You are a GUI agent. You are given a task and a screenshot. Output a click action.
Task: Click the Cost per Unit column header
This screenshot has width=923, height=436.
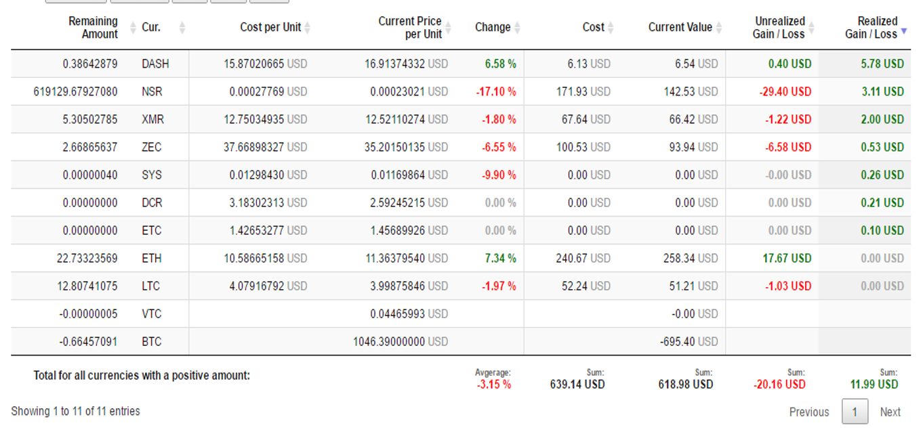point(270,27)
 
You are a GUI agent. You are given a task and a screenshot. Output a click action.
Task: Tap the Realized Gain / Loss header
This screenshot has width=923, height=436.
point(871,27)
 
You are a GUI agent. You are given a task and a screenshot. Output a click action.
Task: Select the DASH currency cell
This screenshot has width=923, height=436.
point(155,64)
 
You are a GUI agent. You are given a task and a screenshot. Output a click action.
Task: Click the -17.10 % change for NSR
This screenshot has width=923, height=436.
point(496,91)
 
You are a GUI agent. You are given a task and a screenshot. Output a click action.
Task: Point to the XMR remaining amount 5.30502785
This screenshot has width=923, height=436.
point(90,119)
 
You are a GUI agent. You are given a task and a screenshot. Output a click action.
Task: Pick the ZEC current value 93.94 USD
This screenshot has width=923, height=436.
point(693,147)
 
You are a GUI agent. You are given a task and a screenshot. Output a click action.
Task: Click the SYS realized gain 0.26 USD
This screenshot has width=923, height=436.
point(882,175)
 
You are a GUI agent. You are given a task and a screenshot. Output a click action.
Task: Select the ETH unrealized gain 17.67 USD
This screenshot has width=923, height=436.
point(787,258)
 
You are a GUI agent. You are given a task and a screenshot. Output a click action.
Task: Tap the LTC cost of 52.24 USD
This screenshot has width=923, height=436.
point(586,286)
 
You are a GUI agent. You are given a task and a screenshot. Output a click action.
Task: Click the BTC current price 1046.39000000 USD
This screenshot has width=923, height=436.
point(401,342)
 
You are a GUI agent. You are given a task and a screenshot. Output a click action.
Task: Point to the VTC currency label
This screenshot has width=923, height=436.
point(152,314)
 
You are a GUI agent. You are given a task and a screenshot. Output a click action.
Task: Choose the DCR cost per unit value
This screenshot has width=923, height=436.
point(268,202)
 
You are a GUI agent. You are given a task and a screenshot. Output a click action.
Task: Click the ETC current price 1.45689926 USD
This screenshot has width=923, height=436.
point(409,231)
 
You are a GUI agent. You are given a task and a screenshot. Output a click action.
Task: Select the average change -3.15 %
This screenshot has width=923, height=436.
point(493,385)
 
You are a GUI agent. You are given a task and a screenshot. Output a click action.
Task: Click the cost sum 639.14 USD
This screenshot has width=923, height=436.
point(577,385)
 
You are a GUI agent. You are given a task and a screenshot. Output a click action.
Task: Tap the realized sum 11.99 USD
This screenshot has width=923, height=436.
point(874,385)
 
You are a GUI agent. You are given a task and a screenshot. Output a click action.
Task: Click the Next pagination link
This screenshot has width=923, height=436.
point(890,412)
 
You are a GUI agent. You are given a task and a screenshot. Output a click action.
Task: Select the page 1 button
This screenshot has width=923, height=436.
point(855,412)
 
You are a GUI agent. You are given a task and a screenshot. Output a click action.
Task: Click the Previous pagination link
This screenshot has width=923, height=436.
point(809,412)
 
